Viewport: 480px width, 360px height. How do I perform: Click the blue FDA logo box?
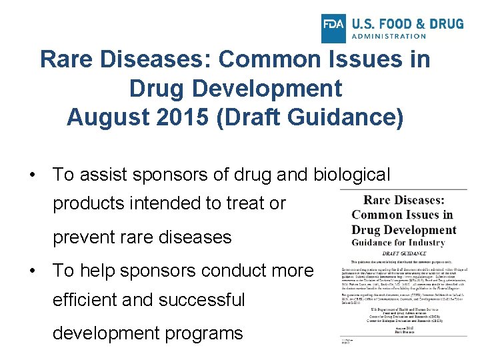(333, 25)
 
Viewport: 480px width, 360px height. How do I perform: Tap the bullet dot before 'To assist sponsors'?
(32, 175)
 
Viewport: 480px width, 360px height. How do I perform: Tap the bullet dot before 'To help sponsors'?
(32, 271)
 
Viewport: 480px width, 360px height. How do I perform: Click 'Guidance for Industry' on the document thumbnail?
(405, 243)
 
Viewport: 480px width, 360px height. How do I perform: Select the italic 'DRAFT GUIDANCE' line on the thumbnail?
(405, 253)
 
